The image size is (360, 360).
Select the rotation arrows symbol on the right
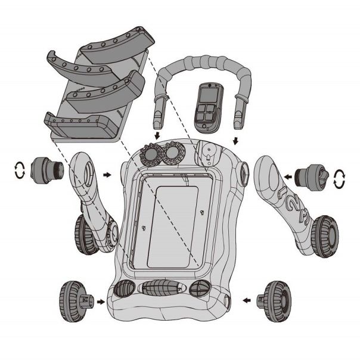point(340,178)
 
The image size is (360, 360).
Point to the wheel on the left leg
point(86,235)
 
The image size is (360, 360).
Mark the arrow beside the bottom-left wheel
point(101,302)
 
